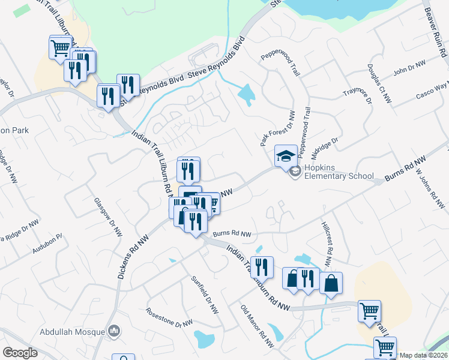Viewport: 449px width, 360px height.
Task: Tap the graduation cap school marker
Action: (286, 156)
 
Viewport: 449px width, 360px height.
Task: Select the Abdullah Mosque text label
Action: (71, 331)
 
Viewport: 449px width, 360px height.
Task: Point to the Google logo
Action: (20, 353)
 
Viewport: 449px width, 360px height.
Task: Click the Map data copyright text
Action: (423, 355)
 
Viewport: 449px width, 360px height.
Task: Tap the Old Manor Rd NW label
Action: (257, 326)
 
